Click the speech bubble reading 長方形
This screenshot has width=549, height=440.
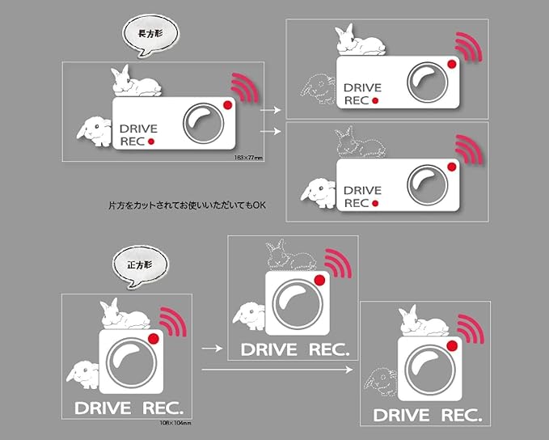150,36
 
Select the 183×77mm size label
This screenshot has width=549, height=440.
248,158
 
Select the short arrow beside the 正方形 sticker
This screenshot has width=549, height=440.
211,348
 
